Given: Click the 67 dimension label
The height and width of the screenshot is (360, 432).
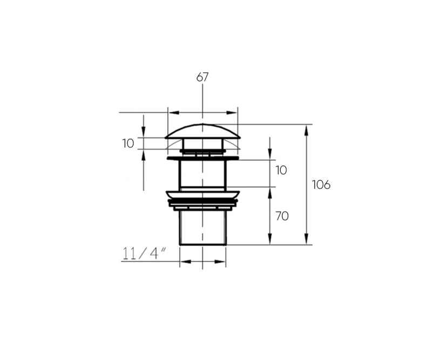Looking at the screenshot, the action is click(202, 77).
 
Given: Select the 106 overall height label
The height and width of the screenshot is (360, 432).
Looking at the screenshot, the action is click(321, 185).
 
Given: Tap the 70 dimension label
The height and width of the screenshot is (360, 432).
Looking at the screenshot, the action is click(282, 216).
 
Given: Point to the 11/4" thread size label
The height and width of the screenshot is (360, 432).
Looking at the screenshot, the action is click(144, 254).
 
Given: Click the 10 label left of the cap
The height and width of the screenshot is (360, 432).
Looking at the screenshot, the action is click(128, 144).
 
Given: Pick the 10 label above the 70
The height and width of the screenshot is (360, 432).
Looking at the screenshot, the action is click(281, 171).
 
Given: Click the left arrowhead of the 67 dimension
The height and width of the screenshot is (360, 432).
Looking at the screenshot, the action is click(174, 113).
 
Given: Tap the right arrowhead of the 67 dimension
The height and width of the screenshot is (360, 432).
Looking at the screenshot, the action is click(232, 113).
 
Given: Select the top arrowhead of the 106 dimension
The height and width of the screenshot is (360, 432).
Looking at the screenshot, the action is click(306, 130).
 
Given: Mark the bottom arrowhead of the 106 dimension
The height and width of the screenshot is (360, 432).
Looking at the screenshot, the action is click(306, 239).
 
